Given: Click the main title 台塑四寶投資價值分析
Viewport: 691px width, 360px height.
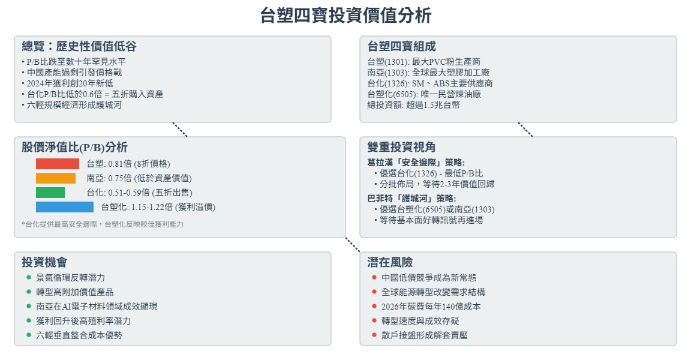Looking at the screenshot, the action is point(345,16).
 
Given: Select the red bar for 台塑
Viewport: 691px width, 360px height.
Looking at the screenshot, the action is point(58,164).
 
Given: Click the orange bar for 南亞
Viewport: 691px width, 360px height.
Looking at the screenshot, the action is point(56,178).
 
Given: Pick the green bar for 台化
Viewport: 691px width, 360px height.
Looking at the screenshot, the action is point(50,193).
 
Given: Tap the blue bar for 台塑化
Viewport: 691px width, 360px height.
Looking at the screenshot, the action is point(65,207).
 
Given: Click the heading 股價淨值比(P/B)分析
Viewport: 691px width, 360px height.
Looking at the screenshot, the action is point(74,147).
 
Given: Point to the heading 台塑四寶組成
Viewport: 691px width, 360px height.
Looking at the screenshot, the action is point(401,46).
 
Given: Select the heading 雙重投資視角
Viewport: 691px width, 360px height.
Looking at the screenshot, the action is point(401,147).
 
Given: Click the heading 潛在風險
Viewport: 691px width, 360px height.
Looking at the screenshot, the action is point(390,262).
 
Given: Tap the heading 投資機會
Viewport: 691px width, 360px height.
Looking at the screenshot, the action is point(44,262).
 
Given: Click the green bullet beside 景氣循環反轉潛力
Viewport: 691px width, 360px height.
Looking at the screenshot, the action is point(29,278).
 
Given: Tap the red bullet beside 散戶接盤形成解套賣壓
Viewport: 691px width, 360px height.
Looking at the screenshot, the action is point(374,335).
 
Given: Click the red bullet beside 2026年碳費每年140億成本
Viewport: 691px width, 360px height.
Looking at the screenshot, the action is point(374,307).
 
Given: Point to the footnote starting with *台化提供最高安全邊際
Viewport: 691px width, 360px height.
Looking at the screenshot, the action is point(103,224).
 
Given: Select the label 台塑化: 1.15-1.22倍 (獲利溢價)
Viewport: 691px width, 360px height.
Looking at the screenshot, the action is point(158,208).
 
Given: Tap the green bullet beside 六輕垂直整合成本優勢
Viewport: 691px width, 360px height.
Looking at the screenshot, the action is point(29,335).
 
